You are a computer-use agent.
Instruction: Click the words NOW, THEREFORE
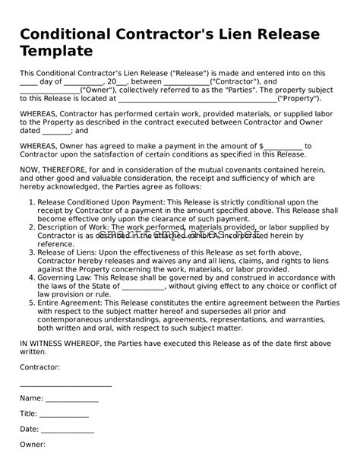click(x=49, y=173)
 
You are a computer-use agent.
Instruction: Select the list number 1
click(x=29, y=203)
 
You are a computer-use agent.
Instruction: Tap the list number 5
click(x=29, y=303)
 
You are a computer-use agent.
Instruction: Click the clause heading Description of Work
click(x=75, y=227)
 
